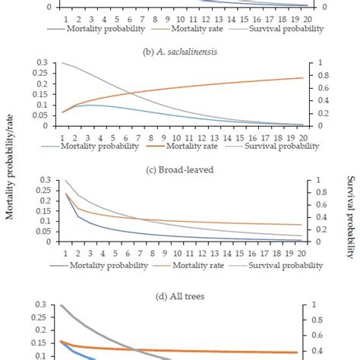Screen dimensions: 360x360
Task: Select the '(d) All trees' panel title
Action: point(180,289)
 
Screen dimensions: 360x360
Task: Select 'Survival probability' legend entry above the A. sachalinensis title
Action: point(281,29)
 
